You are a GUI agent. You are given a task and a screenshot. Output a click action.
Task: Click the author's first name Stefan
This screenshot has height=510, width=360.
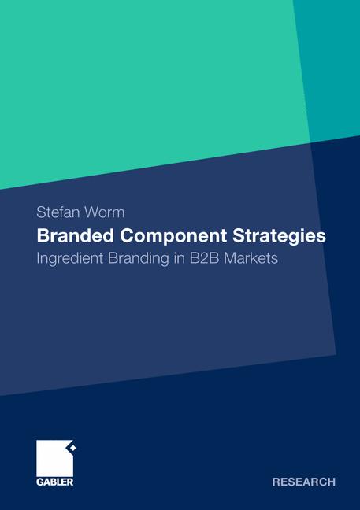click(59, 213)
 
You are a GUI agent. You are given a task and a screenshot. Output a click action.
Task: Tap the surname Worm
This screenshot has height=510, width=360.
click(106, 213)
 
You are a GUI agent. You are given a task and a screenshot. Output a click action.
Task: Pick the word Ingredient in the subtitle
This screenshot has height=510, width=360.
click(73, 257)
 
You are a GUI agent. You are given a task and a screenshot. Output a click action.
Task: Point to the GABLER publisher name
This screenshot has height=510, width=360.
click(55, 482)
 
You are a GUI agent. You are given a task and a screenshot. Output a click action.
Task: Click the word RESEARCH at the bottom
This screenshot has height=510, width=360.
click(303, 482)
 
